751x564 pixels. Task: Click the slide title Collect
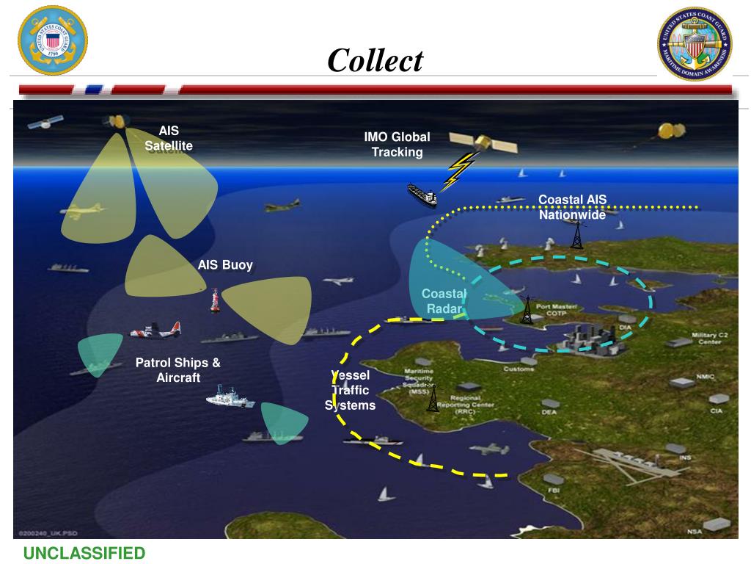(375, 59)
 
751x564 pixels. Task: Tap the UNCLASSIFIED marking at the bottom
(84, 553)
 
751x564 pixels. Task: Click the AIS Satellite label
(169, 138)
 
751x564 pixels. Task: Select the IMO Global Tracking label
(397, 145)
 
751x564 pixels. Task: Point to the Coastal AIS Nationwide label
(572, 207)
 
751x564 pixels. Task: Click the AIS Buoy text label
(225, 265)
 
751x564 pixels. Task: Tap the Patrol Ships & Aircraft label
(178, 370)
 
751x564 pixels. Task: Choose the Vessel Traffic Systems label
(351, 390)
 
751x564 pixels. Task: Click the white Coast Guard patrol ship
(230, 399)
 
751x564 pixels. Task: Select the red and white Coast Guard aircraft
(155, 331)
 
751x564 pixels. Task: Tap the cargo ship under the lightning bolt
(422, 194)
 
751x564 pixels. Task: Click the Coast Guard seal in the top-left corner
(52, 40)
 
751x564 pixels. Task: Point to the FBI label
(553, 489)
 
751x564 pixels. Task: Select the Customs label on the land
(519, 369)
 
